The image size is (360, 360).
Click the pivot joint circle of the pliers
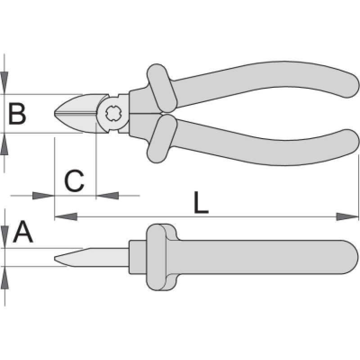click(112, 114)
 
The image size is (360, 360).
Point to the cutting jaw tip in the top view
click(56, 113)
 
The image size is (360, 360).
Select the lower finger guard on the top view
click(160, 138)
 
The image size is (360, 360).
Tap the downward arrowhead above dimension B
click(4, 83)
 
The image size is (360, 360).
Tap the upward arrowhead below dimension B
click(4, 145)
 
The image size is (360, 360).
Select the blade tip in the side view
click(56, 260)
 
